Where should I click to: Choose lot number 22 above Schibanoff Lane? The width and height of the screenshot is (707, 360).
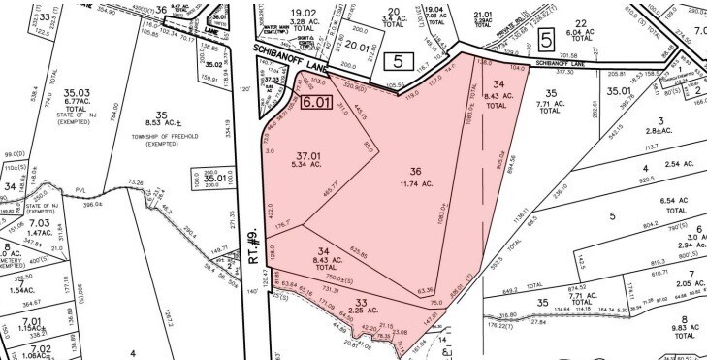(582, 23)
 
